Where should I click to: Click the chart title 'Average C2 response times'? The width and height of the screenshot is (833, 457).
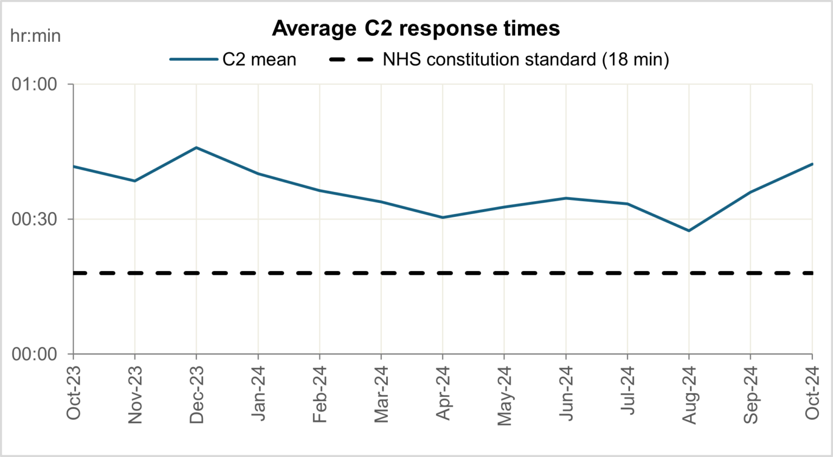tap(415, 28)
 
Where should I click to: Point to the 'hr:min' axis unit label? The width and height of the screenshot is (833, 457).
tap(35, 36)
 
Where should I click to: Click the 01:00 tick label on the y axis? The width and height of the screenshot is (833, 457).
tap(35, 84)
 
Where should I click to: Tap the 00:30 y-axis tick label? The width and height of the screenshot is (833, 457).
tap(35, 219)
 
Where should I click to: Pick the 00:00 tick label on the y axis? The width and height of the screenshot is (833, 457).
tap(35, 354)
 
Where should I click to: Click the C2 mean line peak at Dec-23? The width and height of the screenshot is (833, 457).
tap(196, 147)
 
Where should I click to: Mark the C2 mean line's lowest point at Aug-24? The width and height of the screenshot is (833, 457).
tap(689, 231)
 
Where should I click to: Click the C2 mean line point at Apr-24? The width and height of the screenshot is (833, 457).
tap(443, 217)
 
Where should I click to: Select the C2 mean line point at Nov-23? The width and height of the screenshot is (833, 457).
tap(134, 181)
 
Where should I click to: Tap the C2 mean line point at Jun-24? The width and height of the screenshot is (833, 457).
tap(566, 198)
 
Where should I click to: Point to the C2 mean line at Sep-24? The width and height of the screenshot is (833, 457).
tap(751, 192)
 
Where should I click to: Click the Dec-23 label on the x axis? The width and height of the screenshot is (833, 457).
tap(196, 395)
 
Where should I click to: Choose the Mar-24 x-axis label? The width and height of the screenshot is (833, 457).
tap(381, 395)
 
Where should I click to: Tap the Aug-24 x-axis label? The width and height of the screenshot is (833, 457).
tap(689, 395)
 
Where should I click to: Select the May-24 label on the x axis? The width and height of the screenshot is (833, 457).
tap(504, 396)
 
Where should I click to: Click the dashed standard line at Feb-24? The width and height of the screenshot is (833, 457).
tap(319, 273)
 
